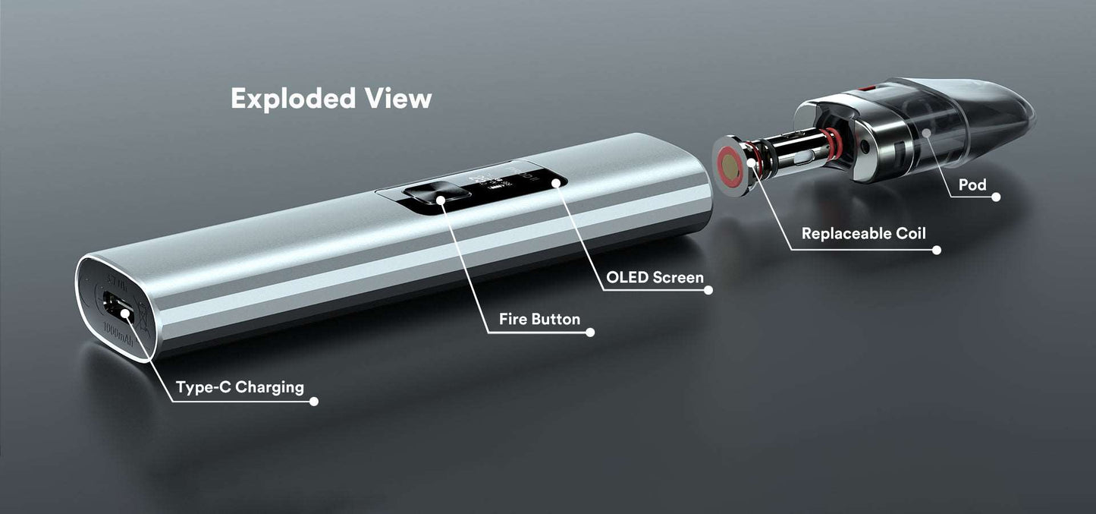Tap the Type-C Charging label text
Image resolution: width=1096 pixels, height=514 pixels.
pos(240,387)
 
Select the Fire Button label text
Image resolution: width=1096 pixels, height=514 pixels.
pos(539,319)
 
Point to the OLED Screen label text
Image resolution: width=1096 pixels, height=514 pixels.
pos(655,277)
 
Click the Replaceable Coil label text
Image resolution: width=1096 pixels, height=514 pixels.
pos(864,233)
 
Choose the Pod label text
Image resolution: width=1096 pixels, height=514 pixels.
pos(972,184)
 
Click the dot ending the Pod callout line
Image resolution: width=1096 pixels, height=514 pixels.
pos(996,197)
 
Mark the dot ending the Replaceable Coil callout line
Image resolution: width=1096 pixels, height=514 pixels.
pos(937,249)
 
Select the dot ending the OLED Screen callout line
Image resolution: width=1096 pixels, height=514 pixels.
pos(708,289)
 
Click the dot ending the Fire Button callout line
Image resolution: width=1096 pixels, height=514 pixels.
pos(590,332)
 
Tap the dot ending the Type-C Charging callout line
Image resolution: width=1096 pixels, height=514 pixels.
pos(314,401)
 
